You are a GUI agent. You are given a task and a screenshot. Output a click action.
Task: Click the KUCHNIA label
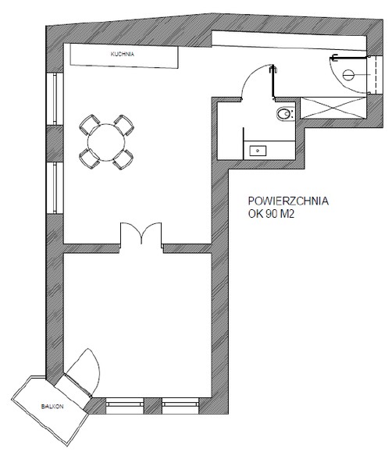pyautogui.click(x=123, y=54)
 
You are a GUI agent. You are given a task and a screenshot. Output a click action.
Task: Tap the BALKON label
pyautogui.click(x=52, y=407)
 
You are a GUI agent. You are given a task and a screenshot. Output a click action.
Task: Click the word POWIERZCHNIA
pyautogui.click(x=288, y=201)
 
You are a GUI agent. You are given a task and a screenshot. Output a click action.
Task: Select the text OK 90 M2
pyautogui.click(x=271, y=214)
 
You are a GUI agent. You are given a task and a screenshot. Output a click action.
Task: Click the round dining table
pyautogui.click(x=106, y=142)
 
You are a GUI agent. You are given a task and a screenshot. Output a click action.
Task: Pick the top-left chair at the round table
pyautogui.click(x=90, y=124)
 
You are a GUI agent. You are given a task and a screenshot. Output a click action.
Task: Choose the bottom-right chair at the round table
pyautogui.click(x=123, y=159)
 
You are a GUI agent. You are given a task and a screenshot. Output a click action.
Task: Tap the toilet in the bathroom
pyautogui.click(x=286, y=114)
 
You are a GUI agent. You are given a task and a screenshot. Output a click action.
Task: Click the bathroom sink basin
pyautogui.click(x=258, y=151)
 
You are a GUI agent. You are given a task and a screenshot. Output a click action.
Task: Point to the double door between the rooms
pyautogui.click(x=141, y=233)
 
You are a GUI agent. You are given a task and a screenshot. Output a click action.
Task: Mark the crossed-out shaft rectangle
pyautogui.click(x=333, y=108)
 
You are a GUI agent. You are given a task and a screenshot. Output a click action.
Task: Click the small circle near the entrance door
pyautogui.click(x=348, y=75)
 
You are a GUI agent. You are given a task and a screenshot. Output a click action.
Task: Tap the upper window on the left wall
pyautogui.click(x=55, y=98)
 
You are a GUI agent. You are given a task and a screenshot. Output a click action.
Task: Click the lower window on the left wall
pyautogui.click(x=55, y=188)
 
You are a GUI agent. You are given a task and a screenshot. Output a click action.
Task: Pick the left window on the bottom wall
pyautogui.click(x=125, y=406)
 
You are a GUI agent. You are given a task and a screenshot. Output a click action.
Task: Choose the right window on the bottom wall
pyautogui.click(x=180, y=406)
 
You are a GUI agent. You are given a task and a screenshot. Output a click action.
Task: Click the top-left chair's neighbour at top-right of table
pyautogui.click(x=123, y=125)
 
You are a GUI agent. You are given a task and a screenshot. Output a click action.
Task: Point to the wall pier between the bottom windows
pyautogui.click(x=152, y=406)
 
